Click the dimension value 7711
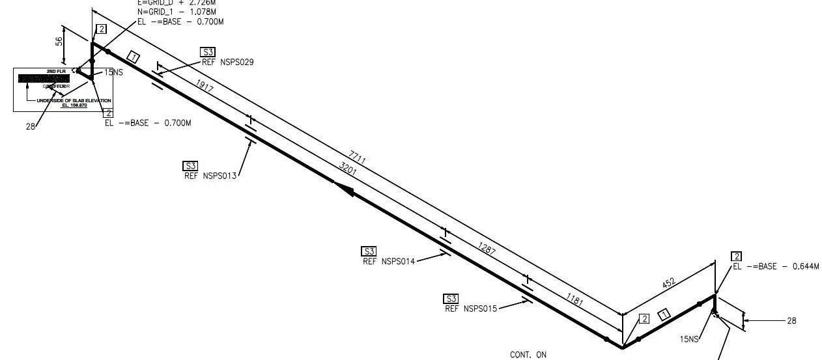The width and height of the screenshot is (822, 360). (358, 157)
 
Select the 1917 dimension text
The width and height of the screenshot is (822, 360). (205, 85)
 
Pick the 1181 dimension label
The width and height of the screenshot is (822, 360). (574, 301)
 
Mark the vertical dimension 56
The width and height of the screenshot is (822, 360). (59, 40)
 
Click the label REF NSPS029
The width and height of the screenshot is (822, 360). (227, 62)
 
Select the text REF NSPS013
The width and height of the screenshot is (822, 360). (210, 175)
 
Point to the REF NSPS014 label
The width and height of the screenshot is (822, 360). (388, 261)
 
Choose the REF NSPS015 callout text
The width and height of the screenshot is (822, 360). (471, 309)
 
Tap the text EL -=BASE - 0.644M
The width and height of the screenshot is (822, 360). (775, 266)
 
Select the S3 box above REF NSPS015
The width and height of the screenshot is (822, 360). (451, 299)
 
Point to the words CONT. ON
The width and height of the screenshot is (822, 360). (528, 355)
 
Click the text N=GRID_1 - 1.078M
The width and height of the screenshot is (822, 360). (178, 12)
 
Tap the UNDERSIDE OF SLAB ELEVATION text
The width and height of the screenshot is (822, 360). (74, 100)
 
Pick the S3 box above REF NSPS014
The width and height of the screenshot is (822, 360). (369, 251)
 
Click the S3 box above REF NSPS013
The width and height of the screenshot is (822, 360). (190, 165)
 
